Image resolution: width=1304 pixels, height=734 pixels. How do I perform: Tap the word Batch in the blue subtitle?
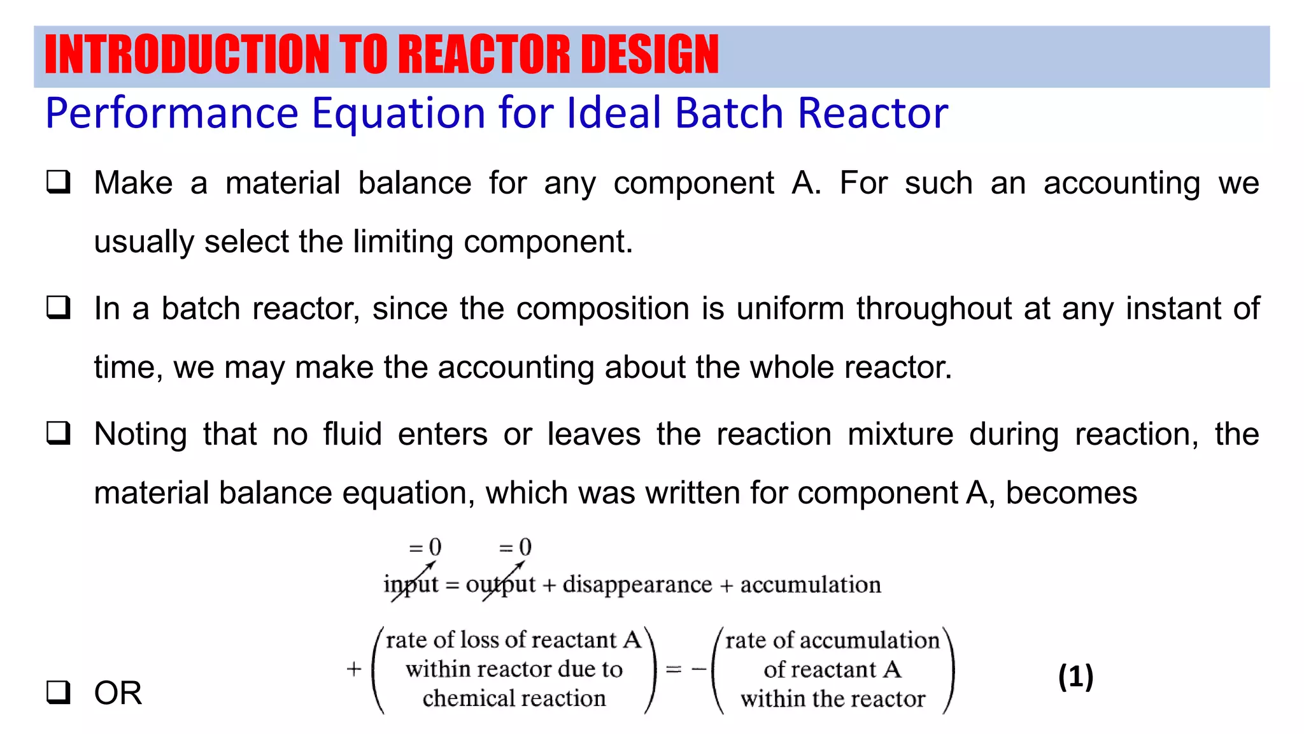click(730, 113)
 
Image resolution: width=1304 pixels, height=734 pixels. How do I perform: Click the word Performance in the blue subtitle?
click(172, 113)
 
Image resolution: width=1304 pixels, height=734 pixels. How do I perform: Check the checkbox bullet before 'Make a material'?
click(58, 183)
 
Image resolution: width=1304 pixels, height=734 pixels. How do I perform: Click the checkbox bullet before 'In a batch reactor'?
click(58, 308)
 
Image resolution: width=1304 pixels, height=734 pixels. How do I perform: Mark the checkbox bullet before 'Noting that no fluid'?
click(58, 434)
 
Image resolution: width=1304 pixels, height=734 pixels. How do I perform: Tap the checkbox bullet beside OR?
click(58, 692)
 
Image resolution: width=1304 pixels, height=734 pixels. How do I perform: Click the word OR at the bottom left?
click(118, 693)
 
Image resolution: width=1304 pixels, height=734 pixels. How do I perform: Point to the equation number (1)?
click(1075, 676)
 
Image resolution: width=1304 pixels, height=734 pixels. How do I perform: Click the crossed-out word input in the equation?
click(411, 585)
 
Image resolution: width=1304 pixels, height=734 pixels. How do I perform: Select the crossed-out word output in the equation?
click(500, 585)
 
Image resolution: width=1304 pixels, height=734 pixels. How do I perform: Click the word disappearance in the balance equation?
click(637, 585)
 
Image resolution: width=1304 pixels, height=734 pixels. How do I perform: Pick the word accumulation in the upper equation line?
click(810, 585)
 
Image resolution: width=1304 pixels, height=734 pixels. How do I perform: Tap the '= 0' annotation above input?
click(425, 547)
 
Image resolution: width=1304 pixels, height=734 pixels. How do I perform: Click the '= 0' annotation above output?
click(515, 547)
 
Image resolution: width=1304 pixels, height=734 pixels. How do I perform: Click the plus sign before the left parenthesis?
click(354, 669)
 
